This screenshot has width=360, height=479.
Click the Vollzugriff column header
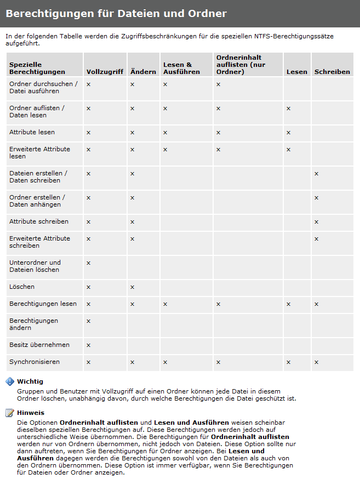point(105,72)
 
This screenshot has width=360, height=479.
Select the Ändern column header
point(143,72)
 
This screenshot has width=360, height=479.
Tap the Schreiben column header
point(332,72)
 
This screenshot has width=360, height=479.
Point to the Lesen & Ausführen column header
point(178,68)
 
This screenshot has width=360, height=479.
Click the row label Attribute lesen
point(32,132)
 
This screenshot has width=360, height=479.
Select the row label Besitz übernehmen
point(39,345)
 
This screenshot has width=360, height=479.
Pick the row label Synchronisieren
point(35,362)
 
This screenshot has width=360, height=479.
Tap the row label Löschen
point(22,287)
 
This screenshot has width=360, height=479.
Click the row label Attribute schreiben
point(39,221)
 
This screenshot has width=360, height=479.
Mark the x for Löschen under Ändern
point(132,287)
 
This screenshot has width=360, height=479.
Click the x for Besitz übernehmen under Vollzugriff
point(88,345)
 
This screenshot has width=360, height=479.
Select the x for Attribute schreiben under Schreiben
point(316,222)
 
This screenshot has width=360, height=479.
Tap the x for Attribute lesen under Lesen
point(288,133)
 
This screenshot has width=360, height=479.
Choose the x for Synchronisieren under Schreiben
point(316,362)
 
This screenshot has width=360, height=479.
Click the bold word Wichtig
point(30,381)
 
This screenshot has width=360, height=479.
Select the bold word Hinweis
point(31,413)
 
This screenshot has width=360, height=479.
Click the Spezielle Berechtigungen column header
point(37,68)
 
